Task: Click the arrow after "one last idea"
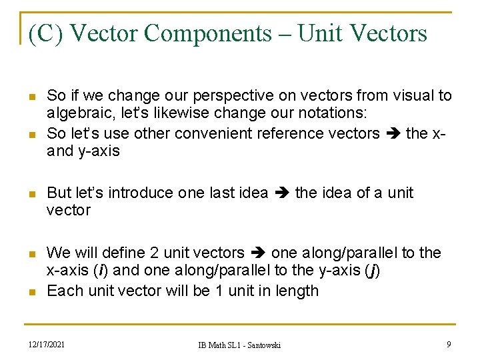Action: point(281,193)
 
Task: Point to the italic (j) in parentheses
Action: point(373,271)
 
